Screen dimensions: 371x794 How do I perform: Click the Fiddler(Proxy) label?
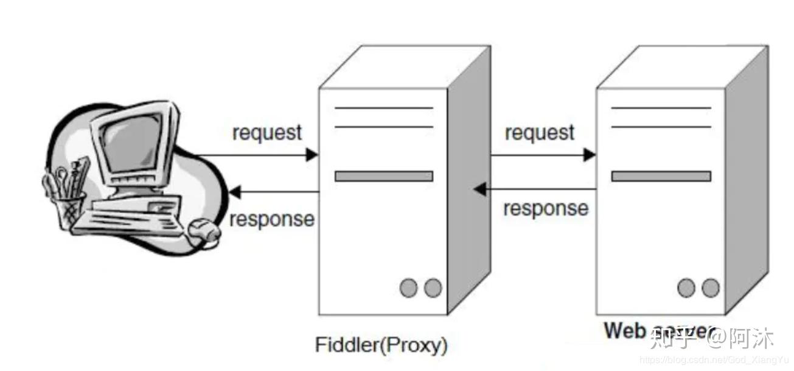pyautogui.click(x=381, y=345)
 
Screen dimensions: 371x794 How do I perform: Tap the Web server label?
pyautogui.click(x=657, y=330)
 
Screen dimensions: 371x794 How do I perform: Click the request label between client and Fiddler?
pyautogui.click(x=266, y=132)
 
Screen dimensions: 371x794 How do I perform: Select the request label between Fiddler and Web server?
pyautogui.click(x=539, y=132)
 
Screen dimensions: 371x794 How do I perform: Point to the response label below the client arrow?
pyautogui.click(x=272, y=219)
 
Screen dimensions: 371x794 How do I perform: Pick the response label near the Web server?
pyautogui.click(x=545, y=208)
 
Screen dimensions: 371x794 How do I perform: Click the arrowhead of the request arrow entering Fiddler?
pyautogui.click(x=312, y=155)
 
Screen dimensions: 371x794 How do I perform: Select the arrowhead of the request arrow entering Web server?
pyautogui.click(x=589, y=155)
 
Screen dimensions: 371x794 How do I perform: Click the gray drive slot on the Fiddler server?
pyautogui.click(x=383, y=176)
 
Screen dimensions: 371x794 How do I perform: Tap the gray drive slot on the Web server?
pyautogui.click(x=661, y=176)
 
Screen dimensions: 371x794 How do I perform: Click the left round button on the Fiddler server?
pyautogui.click(x=408, y=288)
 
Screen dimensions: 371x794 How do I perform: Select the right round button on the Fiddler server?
pyautogui.click(x=433, y=288)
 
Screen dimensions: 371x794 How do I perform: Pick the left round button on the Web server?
pyautogui.click(x=686, y=288)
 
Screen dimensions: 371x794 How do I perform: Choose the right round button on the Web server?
pyautogui.click(x=710, y=288)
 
